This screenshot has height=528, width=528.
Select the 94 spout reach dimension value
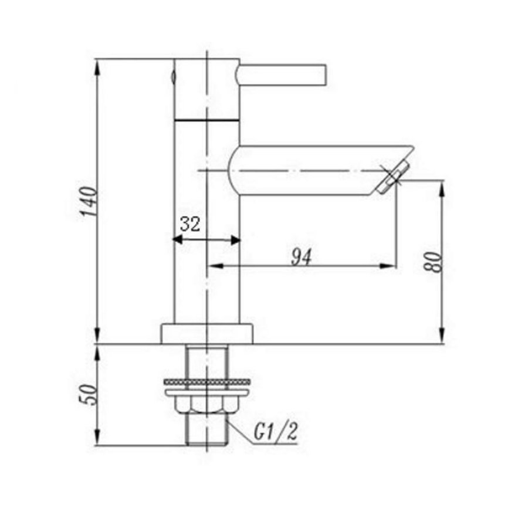click(x=302, y=256)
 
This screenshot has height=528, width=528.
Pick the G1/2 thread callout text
click(x=276, y=432)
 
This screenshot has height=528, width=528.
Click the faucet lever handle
click(x=282, y=75)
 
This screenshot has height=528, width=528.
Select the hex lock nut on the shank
click(x=207, y=404)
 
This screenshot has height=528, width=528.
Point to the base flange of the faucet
click(x=207, y=333)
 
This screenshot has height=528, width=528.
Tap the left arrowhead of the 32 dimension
click(x=175, y=239)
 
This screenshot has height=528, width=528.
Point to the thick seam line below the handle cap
click(x=207, y=120)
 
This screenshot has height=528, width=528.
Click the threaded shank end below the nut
click(x=207, y=431)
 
